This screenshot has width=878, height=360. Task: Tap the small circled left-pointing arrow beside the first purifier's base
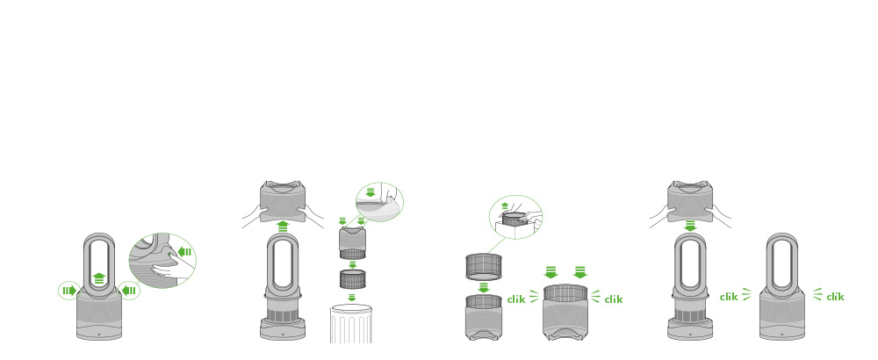(x=129, y=291)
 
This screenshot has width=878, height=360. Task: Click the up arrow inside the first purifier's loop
(x=98, y=277)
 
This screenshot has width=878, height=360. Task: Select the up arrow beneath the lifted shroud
(x=283, y=226)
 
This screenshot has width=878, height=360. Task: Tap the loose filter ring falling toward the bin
(x=352, y=279)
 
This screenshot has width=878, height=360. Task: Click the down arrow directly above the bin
(x=352, y=298)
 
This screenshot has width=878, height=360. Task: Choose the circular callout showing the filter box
(x=515, y=217)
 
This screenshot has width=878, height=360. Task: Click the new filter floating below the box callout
(x=483, y=266)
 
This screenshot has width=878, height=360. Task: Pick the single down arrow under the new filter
(x=483, y=287)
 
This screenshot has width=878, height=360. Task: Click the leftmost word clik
(x=516, y=299)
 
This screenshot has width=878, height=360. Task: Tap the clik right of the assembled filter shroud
(x=613, y=299)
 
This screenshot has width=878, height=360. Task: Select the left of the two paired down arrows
(x=551, y=272)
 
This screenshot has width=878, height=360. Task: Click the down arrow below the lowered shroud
(x=690, y=226)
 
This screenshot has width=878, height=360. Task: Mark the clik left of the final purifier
(x=729, y=297)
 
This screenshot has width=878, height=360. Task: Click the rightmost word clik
(x=835, y=297)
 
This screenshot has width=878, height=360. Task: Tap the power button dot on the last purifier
(x=782, y=334)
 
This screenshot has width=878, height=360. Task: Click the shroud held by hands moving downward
(x=690, y=201)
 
